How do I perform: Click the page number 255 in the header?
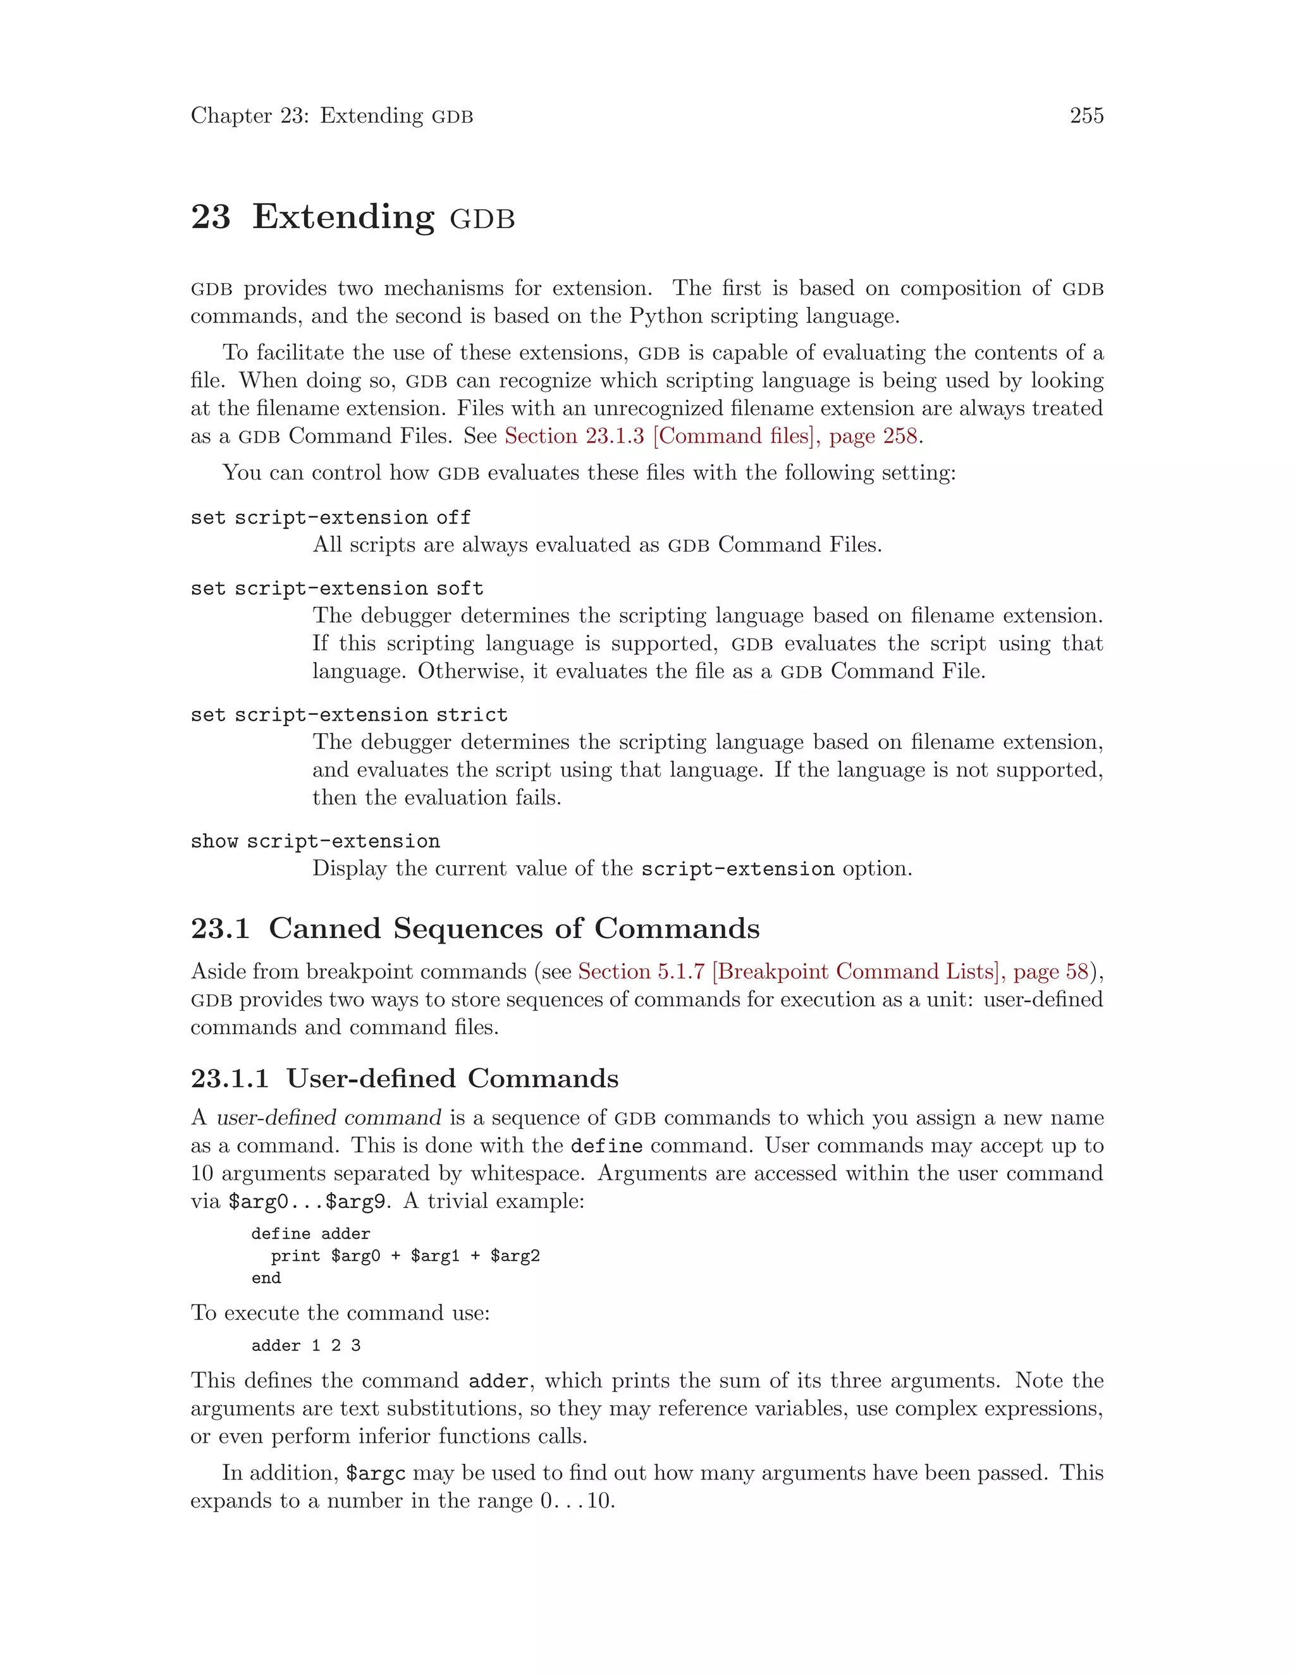[1086, 116]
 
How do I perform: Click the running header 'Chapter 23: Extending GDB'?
[331, 116]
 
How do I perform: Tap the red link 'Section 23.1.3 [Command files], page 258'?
[710, 435]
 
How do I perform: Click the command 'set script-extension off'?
[330, 518]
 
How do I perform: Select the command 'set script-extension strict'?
[348, 715]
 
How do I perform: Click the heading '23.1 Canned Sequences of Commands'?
[475, 929]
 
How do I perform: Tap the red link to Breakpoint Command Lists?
[833, 971]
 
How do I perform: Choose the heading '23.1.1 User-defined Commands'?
[404, 1078]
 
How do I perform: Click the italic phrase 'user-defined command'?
[328, 1118]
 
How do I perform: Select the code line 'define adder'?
[310, 1234]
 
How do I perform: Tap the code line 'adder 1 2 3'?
[305, 1346]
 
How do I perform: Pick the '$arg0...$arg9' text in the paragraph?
[306, 1201]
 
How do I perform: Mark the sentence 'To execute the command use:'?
[340, 1313]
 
